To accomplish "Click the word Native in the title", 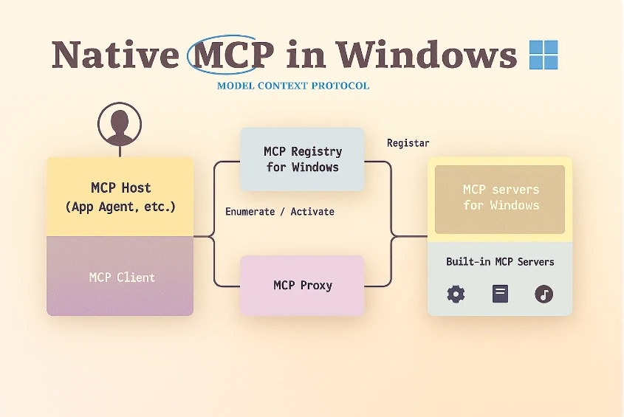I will coord(114,55).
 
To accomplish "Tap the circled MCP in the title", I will coord(230,55).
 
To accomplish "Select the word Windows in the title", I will coord(426,55).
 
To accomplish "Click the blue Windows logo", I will coord(544,55).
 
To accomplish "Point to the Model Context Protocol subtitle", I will coord(293,86).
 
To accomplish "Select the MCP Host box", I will coord(120,197).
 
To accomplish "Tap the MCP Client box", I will coord(120,278).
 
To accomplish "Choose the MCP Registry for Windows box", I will coord(302,159).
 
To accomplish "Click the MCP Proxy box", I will coord(302,286).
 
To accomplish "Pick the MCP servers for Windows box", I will coord(500,198).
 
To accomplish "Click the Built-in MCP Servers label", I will coord(500,262).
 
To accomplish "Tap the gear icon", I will coord(456,294).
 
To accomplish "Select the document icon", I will coord(500,294).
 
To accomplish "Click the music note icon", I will coord(544,294).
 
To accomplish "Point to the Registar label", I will coord(408,143).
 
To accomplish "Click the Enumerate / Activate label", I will coord(280,212).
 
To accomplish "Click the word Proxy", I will coord(316,286).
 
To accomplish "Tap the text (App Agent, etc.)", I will coord(120,207).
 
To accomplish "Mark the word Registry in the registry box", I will coord(316,151).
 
